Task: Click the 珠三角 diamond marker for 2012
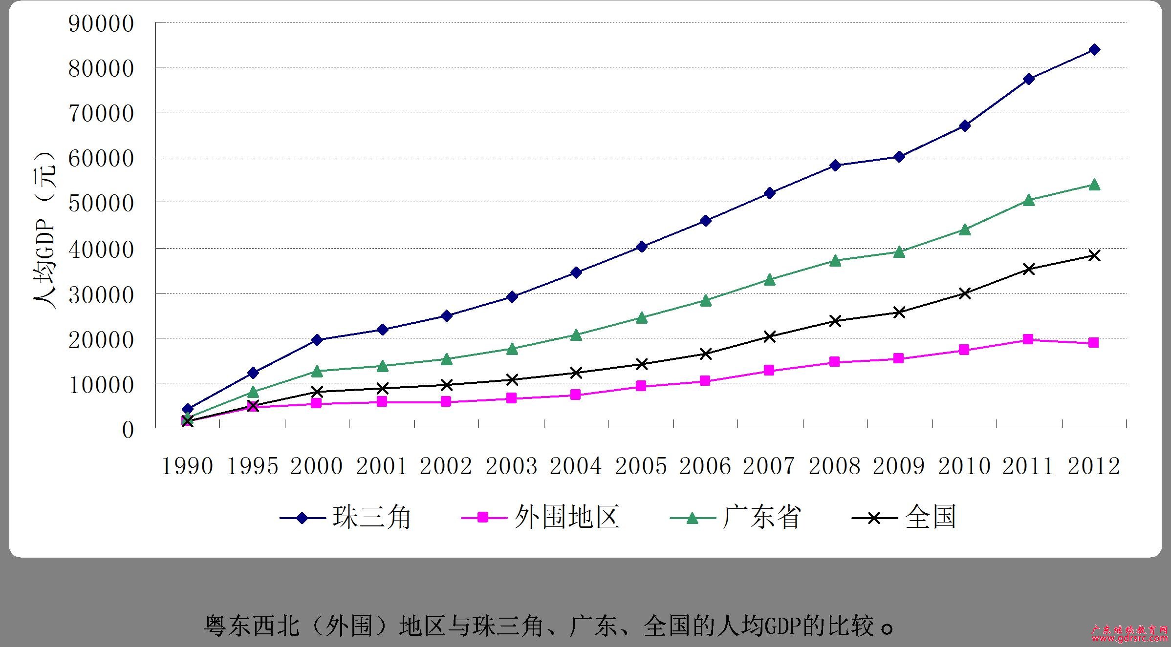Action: [1094, 49]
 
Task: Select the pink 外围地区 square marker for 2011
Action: [1028, 339]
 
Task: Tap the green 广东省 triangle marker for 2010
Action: [965, 230]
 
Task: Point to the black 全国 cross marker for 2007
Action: [770, 336]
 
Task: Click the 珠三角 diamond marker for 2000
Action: [317, 340]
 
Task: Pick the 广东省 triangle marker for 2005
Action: [642, 318]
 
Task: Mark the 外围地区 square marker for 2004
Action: [575, 395]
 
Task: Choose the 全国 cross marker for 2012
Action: [1094, 255]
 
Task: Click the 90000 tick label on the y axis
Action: [101, 23]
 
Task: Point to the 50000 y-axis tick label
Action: [101, 203]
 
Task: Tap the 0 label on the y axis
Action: [128, 430]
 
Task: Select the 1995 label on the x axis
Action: [252, 466]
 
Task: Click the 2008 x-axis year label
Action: [834, 466]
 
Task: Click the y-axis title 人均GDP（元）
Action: [45, 230]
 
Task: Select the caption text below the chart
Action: [547, 626]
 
